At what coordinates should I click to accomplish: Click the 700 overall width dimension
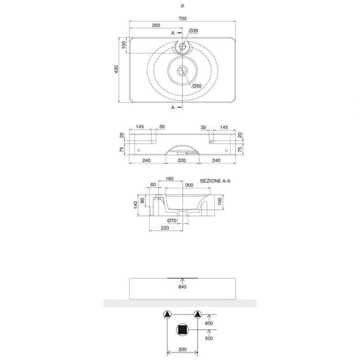(x=182, y=18)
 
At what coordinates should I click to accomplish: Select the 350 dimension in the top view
(x=156, y=25)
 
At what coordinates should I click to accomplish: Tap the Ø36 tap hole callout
(x=193, y=31)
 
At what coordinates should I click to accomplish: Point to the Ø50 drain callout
(x=197, y=86)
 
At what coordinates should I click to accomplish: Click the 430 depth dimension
(x=117, y=69)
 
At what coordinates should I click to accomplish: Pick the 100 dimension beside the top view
(x=124, y=45)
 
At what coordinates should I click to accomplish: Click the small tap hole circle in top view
(x=182, y=46)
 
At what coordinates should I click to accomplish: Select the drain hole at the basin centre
(x=182, y=71)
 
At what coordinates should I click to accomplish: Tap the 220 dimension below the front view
(x=182, y=160)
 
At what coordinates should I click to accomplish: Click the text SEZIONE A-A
(x=215, y=181)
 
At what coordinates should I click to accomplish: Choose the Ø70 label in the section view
(x=172, y=220)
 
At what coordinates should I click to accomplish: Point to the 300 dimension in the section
(x=189, y=185)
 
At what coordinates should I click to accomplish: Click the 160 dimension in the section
(x=169, y=178)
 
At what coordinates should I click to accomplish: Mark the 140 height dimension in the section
(x=136, y=205)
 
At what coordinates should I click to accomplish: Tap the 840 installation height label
(x=182, y=287)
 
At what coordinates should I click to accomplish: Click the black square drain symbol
(x=182, y=330)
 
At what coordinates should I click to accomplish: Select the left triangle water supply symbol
(x=167, y=315)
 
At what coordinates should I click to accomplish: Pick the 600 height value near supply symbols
(x=209, y=323)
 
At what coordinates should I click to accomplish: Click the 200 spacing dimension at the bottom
(x=182, y=349)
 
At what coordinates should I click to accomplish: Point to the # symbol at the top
(x=182, y=5)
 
